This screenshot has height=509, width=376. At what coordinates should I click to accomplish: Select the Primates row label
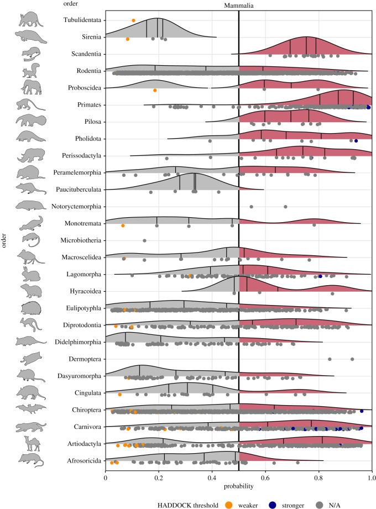(87, 104)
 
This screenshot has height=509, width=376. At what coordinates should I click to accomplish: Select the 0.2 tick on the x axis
(159, 474)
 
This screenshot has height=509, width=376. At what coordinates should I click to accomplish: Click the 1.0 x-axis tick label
(372, 474)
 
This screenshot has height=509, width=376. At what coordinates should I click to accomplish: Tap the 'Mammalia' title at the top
(238, 4)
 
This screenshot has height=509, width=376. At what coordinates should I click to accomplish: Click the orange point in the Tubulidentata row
(133, 20)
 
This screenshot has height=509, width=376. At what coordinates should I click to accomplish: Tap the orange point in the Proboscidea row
(155, 90)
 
